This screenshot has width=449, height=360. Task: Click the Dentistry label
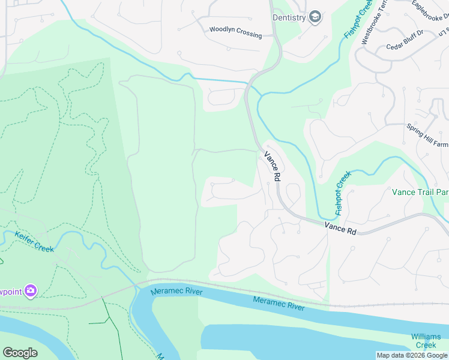point(289,17)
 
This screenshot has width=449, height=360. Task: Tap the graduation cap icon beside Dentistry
point(315,17)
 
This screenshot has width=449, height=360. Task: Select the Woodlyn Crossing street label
point(235,32)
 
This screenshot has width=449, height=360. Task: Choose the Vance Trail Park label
point(420,193)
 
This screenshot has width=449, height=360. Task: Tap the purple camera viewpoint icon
point(30,291)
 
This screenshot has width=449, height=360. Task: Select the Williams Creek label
point(426,341)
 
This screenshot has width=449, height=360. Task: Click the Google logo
point(20,353)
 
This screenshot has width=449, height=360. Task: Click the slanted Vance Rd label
point(273,166)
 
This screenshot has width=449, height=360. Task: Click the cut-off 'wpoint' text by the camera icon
point(10,291)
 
